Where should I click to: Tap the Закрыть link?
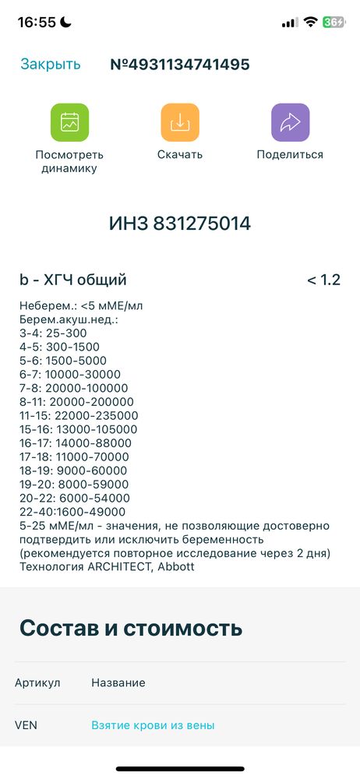[x=50, y=65]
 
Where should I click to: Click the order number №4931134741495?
[x=180, y=65]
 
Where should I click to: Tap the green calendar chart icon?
[x=69, y=122]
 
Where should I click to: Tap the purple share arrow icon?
[x=290, y=122]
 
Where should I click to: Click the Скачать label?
[x=179, y=154]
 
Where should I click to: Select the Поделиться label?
[x=290, y=154]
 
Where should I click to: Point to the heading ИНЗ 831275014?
[x=180, y=224]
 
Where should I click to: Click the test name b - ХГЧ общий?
[x=73, y=280]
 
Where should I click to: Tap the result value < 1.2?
[x=323, y=280]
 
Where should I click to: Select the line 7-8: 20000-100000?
[x=74, y=388]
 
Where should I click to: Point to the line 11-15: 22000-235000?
[x=79, y=415]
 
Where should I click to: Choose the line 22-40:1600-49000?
[x=72, y=512]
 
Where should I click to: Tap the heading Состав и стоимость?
[x=131, y=628]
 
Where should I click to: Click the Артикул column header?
[x=37, y=683]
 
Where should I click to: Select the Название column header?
[x=118, y=683]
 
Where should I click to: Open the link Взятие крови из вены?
[x=153, y=725]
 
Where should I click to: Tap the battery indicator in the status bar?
[x=334, y=23]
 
